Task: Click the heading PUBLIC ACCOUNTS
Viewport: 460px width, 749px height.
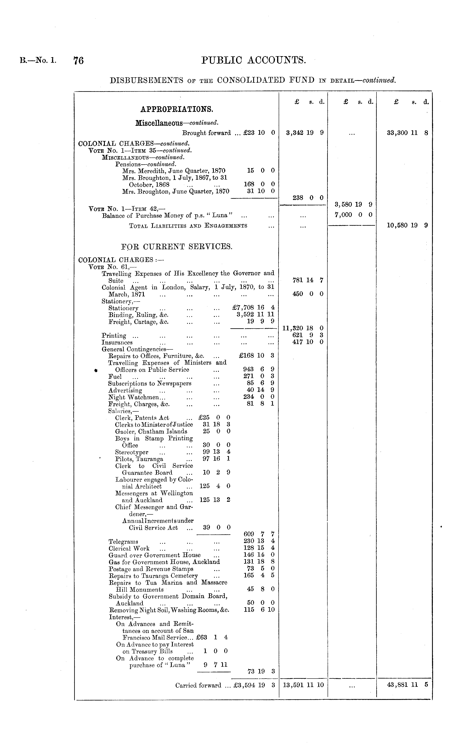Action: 254,60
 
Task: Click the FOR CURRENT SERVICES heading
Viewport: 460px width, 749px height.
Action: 177,246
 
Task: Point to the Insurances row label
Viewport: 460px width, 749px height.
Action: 117,342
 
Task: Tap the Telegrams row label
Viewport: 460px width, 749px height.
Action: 123,542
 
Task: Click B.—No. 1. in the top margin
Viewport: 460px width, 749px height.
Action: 38,60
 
